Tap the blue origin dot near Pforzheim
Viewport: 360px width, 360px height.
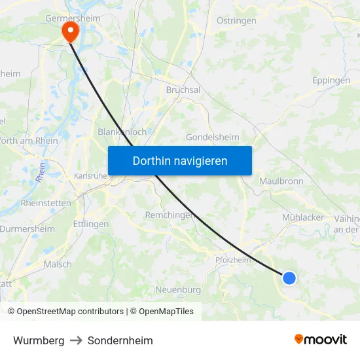click(x=289, y=278)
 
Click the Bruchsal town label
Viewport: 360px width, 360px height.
click(x=183, y=90)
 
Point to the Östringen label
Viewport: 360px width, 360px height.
click(x=236, y=21)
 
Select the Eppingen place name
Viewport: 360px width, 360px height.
click(x=331, y=81)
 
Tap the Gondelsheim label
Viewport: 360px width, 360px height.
click(x=212, y=137)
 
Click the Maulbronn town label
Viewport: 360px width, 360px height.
click(x=281, y=181)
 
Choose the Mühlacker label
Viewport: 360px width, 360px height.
click(x=303, y=217)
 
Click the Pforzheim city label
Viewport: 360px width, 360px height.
click(x=233, y=260)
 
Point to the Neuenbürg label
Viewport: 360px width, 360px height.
click(x=178, y=289)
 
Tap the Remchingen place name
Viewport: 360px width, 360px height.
click(x=170, y=215)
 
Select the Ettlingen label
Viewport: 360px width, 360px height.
click(x=91, y=224)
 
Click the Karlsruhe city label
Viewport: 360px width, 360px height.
click(x=90, y=175)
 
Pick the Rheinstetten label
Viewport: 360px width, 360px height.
click(x=46, y=203)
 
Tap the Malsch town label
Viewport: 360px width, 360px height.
click(x=58, y=264)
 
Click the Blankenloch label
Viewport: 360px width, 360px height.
click(x=122, y=132)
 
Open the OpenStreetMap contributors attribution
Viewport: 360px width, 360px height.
click(x=69, y=312)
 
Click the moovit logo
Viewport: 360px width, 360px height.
click(x=321, y=339)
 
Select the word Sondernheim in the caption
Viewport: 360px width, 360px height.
click(x=120, y=340)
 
